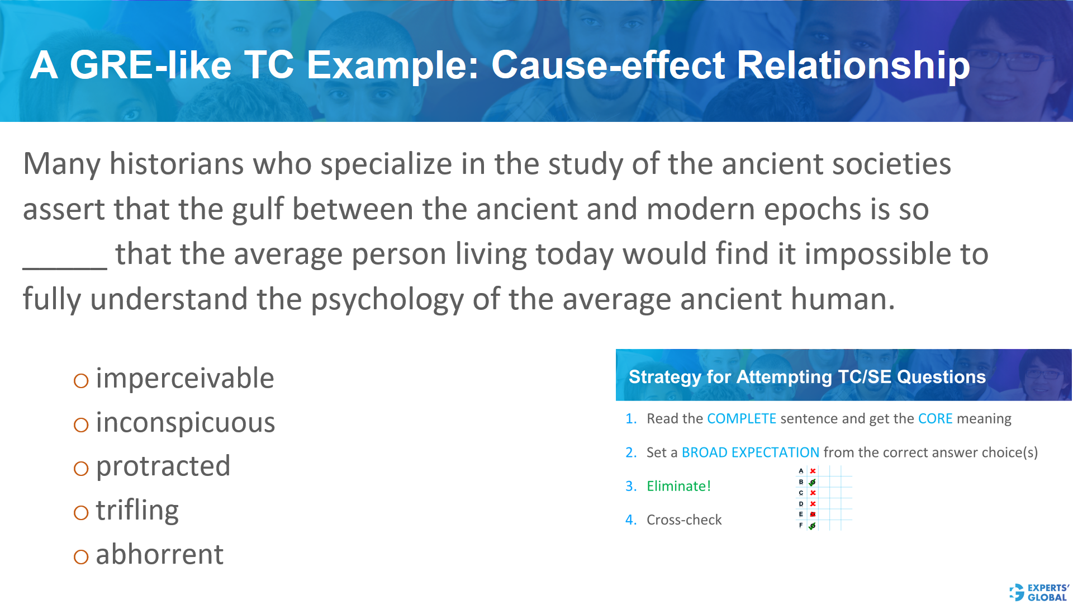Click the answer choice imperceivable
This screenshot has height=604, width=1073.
[184, 379]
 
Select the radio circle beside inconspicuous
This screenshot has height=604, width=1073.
[81, 425]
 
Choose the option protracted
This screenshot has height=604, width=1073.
[163, 466]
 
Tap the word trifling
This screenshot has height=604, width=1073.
[137, 510]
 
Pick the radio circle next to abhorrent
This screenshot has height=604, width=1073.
[81, 557]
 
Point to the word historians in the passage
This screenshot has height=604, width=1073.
[176, 164]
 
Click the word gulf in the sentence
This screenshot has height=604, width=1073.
[258, 210]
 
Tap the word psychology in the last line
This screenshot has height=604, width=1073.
[387, 300]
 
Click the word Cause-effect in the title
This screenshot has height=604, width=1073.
[608, 65]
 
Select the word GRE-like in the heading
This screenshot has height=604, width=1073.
[150, 65]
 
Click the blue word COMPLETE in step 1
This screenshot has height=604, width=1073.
[741, 419]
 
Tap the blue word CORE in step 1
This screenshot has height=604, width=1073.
[935, 419]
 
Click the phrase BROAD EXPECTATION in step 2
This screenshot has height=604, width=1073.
[750, 452]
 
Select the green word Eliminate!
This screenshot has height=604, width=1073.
[678, 486]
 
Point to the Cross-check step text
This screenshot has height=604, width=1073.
[684, 520]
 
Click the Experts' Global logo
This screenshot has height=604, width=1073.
[1039, 592]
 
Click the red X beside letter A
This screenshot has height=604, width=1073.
[813, 471]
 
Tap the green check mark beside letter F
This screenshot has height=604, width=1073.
[813, 526]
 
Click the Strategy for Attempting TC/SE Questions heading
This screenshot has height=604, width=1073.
[807, 377]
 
